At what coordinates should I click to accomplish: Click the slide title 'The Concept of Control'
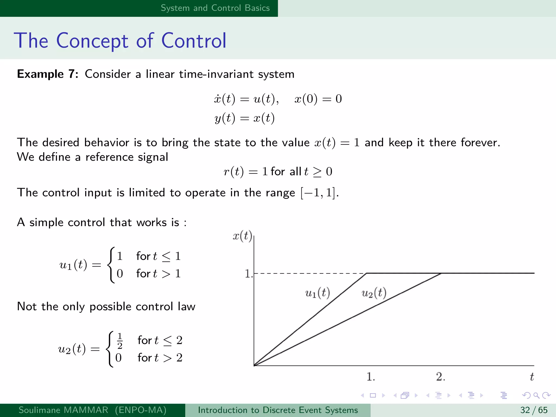(x=120, y=41)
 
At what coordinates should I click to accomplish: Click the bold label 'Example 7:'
(x=48, y=74)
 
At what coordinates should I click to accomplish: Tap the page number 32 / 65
(x=534, y=410)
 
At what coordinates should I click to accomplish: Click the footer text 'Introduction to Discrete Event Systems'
(x=278, y=410)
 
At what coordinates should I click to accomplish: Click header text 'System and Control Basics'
(x=215, y=8)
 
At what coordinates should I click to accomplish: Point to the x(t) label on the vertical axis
(x=242, y=236)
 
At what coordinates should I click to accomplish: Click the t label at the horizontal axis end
(x=532, y=377)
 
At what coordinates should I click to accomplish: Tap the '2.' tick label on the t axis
(x=440, y=377)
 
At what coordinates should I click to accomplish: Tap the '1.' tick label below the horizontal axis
(x=371, y=377)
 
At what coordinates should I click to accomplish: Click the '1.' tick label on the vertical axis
(x=248, y=273)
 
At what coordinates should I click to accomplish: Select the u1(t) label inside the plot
(x=317, y=293)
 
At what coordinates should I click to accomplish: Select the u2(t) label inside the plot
(x=374, y=293)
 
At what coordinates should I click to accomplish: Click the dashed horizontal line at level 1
(x=309, y=273)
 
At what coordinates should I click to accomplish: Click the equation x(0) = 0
(x=318, y=99)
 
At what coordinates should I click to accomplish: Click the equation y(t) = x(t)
(x=244, y=118)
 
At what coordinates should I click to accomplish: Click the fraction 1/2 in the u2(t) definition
(x=120, y=341)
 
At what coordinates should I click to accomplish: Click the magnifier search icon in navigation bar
(x=536, y=395)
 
